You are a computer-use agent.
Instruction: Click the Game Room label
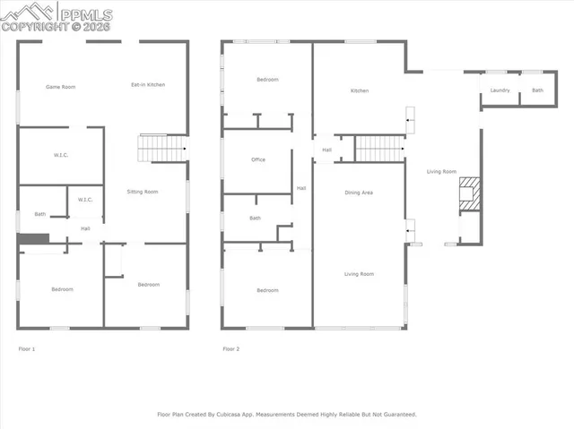pos(59,86)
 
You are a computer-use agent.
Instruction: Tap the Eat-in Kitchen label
pos(148,85)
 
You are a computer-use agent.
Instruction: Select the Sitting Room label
pos(143,192)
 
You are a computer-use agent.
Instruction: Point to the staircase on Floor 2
pos(378,148)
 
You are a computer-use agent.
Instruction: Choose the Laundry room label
pos(500,90)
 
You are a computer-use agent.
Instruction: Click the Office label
pos(258,160)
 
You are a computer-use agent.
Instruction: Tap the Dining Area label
pos(359,193)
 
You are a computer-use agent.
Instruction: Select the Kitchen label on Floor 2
pos(360,90)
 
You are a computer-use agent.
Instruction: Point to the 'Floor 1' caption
pos(27,347)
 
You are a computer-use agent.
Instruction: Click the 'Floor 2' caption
pos(231,347)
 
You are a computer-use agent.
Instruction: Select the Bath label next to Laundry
pos(537,90)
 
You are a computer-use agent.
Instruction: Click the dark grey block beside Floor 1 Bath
pos(32,239)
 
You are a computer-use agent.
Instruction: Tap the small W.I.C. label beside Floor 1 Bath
pos(86,199)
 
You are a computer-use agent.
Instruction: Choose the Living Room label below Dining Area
pos(359,274)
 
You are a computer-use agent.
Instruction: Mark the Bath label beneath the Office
pos(256,219)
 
